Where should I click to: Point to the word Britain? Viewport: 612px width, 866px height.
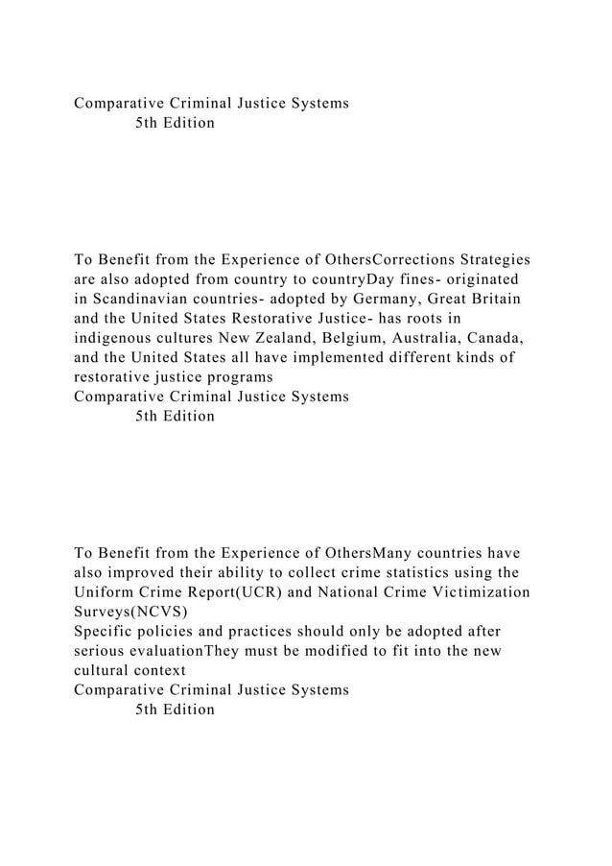pos(491,298)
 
